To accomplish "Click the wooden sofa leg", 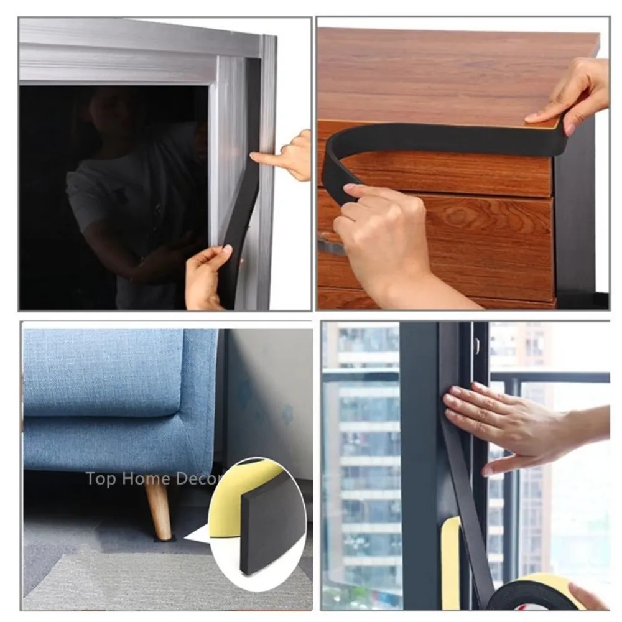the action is tap(159, 510).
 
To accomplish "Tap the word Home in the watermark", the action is tap(146, 478).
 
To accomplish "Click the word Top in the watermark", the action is tap(101, 479).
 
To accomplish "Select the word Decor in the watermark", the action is tap(198, 478).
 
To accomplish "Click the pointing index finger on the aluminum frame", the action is tap(266, 158).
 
